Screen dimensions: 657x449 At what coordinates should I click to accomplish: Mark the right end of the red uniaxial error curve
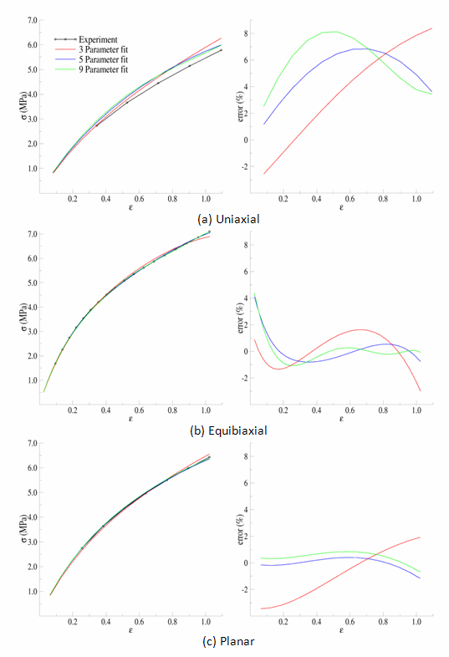pyautogui.click(x=431, y=28)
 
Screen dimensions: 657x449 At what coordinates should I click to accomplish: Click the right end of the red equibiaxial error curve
pyautogui.click(x=420, y=391)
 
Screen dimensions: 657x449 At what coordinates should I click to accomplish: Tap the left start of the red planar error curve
pyautogui.click(x=262, y=609)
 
